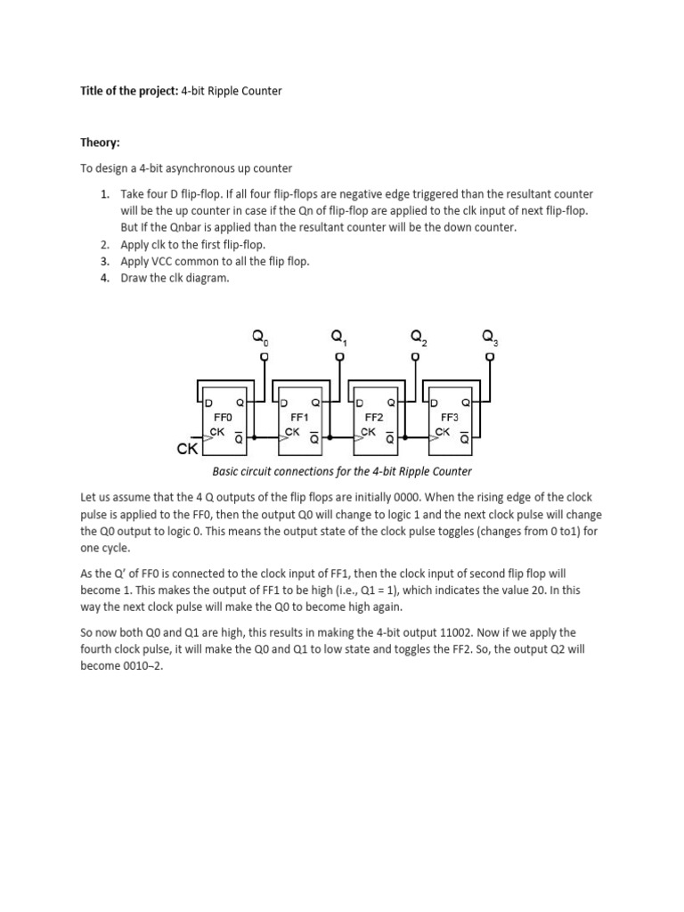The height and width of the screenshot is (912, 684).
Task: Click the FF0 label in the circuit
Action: (223, 417)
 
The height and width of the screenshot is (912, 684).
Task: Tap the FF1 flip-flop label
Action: (299, 417)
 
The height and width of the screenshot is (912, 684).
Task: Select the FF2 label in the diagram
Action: (373, 417)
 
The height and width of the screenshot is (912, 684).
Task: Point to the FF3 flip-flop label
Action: (450, 417)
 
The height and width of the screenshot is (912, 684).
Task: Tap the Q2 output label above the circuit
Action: (419, 338)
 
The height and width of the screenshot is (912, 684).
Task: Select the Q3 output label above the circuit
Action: (491, 338)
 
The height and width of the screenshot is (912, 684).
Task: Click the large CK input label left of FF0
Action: (187, 449)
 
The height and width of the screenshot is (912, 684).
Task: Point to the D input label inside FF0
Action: (209, 403)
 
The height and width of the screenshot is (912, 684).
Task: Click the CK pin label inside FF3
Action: (443, 432)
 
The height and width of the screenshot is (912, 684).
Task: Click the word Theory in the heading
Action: (100, 142)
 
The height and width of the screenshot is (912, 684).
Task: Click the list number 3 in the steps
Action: (104, 261)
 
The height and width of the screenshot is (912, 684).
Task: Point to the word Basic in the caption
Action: (224, 471)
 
